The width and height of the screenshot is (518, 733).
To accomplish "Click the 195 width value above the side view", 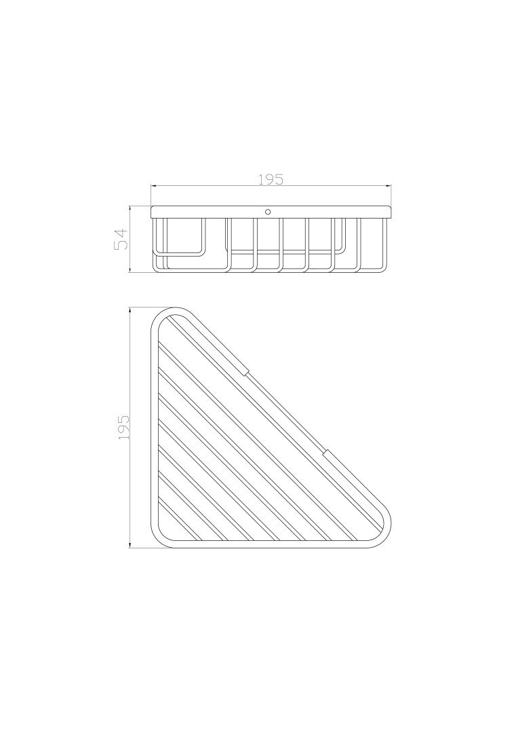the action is coord(271,179).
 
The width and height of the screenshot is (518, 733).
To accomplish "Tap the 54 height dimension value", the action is coord(121,240).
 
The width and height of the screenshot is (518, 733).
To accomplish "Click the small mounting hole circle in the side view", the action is coord(268,212).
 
